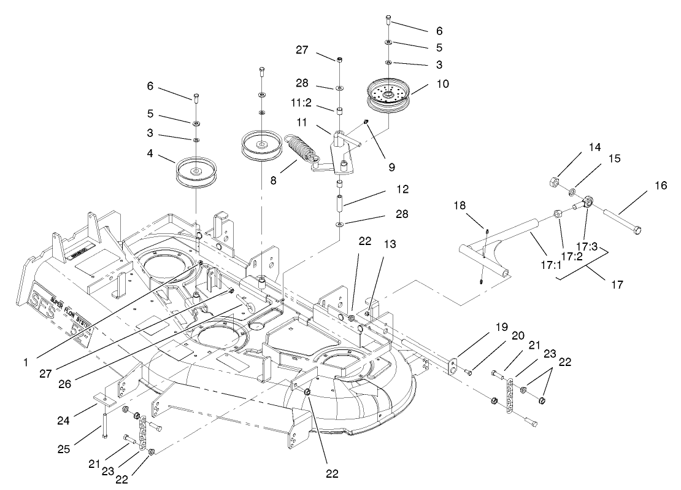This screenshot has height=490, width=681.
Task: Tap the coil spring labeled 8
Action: tap(298, 147)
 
